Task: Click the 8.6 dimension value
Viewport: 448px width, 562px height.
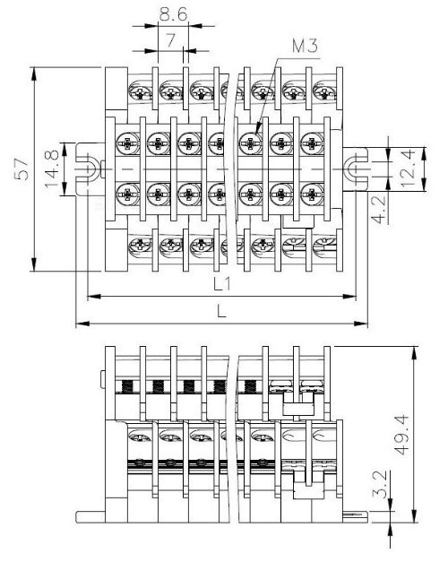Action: [173, 14]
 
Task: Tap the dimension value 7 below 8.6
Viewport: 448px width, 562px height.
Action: [171, 40]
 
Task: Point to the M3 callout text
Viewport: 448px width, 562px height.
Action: [305, 47]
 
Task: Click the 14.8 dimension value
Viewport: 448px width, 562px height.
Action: [52, 169]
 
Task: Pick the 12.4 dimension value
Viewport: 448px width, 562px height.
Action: [408, 169]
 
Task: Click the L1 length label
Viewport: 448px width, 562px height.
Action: [222, 284]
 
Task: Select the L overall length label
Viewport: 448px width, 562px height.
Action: [222, 311]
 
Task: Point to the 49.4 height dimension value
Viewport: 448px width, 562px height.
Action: [402, 435]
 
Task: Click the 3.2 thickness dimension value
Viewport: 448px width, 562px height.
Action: [380, 484]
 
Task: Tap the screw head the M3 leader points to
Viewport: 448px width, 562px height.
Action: [251, 143]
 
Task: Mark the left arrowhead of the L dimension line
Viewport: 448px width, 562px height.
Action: [82, 324]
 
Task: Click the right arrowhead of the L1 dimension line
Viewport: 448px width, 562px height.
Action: [349, 297]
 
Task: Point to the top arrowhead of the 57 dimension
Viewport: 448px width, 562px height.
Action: [34, 73]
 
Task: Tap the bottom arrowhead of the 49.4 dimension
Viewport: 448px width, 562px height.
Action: [414, 515]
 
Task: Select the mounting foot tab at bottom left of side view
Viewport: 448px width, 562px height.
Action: [90, 517]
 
